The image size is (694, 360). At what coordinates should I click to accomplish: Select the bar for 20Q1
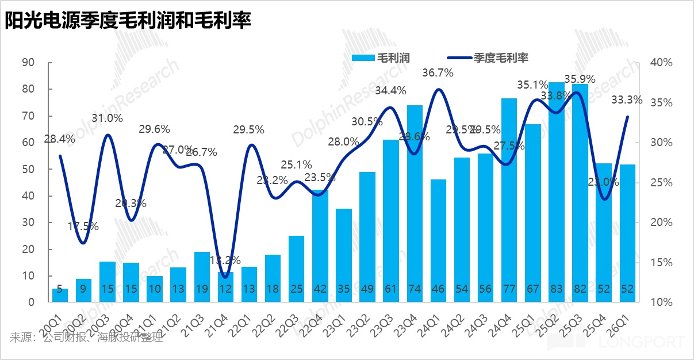(x=60, y=296)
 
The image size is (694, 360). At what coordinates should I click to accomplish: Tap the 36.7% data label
(x=438, y=73)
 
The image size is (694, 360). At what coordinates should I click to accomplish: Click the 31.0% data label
(x=108, y=118)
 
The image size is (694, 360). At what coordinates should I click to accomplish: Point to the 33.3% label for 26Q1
(x=627, y=100)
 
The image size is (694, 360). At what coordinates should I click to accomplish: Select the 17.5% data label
(x=83, y=226)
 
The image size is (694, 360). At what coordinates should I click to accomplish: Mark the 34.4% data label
(x=391, y=90)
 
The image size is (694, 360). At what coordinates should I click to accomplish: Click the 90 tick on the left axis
(x=28, y=63)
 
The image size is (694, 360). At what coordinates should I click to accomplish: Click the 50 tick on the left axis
(x=28, y=169)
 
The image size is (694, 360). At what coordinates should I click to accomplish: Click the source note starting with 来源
(x=86, y=338)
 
